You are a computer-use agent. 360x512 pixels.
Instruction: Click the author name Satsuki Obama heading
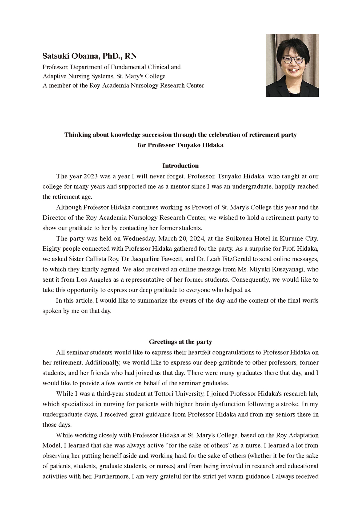tap(90, 56)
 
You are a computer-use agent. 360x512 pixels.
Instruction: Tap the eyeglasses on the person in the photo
tap(293, 60)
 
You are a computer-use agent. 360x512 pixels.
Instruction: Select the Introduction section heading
tap(181, 166)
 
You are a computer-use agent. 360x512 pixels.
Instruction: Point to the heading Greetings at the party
tap(181, 342)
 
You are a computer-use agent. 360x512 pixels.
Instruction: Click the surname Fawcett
tap(171, 259)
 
